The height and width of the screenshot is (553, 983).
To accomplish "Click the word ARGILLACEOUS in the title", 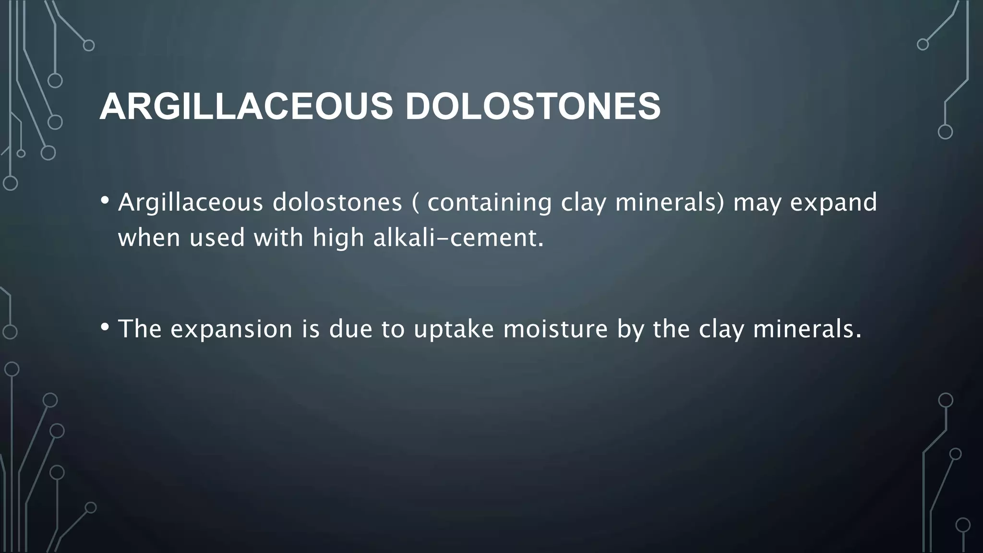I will [x=246, y=107].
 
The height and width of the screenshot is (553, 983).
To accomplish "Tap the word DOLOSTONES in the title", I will [x=533, y=107].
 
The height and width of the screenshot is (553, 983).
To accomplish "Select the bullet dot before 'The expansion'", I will [x=105, y=327].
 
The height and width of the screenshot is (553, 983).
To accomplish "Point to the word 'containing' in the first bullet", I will [x=490, y=203].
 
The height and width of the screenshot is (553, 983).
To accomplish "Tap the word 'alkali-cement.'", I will [x=458, y=238].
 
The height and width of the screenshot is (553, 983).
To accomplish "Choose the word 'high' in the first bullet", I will [x=338, y=238].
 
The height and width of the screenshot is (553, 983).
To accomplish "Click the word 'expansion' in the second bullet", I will [x=231, y=329].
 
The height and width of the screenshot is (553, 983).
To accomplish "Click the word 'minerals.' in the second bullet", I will [x=807, y=329].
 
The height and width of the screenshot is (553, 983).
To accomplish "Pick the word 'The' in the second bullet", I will [x=140, y=329].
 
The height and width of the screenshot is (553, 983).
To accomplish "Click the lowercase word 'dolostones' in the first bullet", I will [x=337, y=203].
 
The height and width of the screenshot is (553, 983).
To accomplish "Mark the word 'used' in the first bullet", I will [x=217, y=238].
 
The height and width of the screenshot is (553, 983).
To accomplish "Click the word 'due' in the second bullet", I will [x=350, y=329].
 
